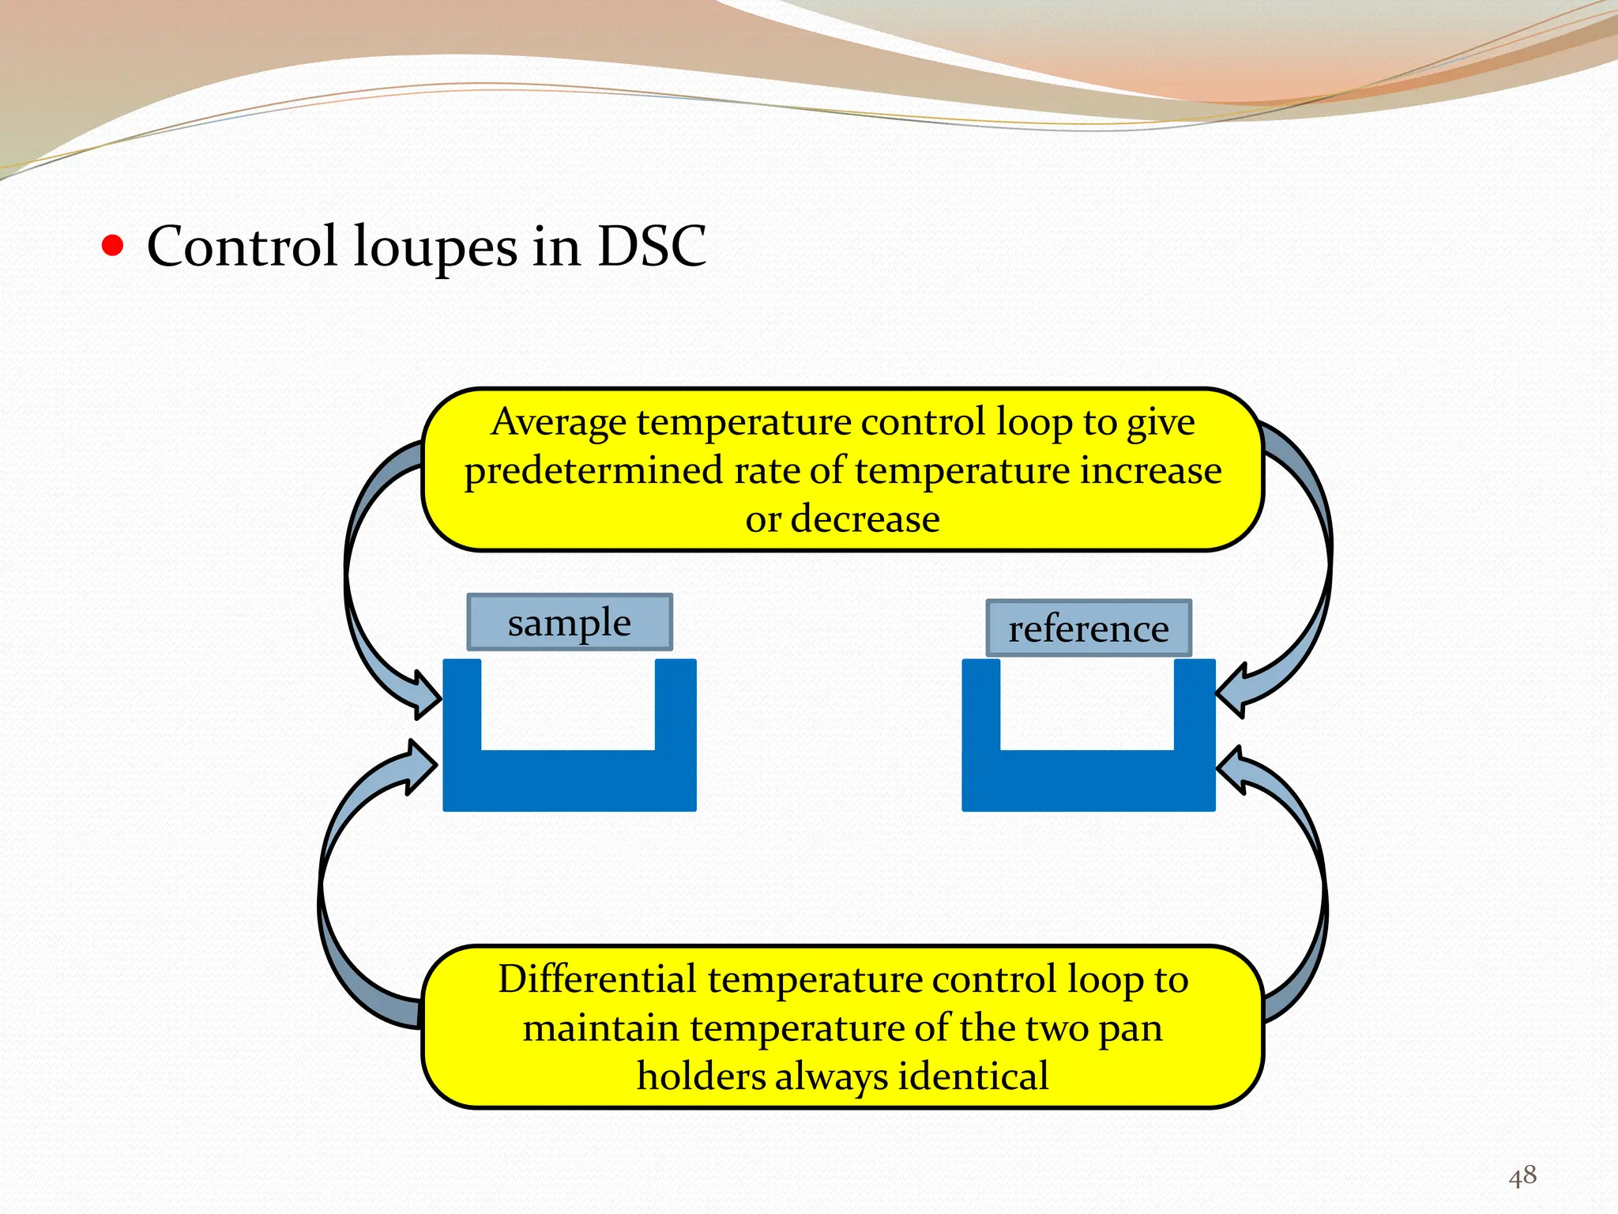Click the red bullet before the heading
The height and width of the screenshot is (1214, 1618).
point(113,246)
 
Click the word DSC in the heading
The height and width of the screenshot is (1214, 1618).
point(651,246)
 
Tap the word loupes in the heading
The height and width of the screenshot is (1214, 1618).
point(435,247)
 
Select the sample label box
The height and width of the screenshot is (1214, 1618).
point(570,623)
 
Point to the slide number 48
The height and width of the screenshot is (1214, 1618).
point(1522,1175)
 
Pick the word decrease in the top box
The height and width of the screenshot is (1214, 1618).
point(865,519)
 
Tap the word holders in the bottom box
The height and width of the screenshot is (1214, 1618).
point(701,1076)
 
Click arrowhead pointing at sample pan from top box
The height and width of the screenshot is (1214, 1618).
point(423,695)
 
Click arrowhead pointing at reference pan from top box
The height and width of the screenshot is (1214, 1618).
point(1233,691)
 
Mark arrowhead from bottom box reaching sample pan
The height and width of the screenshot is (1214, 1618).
point(419,765)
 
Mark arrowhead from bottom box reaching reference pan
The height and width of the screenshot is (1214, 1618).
point(1233,769)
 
